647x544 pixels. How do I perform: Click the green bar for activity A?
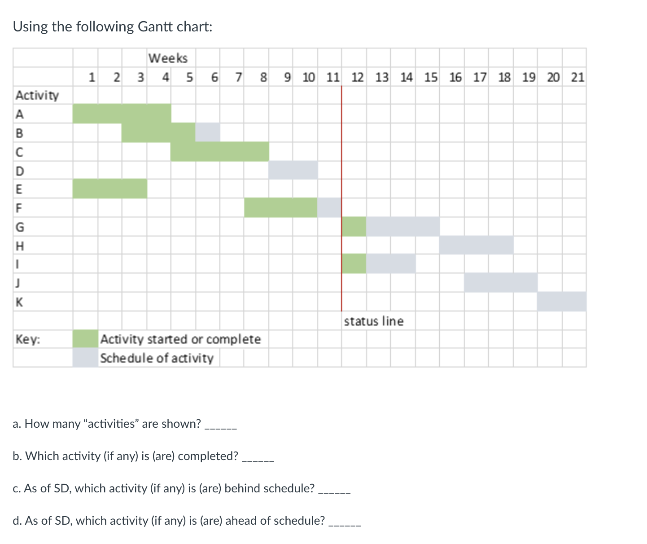[122, 113]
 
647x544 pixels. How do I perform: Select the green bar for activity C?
[219, 152]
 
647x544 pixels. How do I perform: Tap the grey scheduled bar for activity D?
[293, 170]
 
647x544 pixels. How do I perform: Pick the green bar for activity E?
[109, 189]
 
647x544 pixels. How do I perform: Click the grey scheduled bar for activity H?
[476, 245]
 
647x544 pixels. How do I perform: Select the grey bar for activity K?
[561, 302]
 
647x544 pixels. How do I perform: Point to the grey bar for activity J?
[500, 283]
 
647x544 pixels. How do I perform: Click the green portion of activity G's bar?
[354, 226]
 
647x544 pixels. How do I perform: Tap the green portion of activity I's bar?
[354, 264]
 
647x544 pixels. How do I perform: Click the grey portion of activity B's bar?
[208, 132]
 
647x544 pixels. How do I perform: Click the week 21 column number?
[577, 78]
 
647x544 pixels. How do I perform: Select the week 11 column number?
[333, 78]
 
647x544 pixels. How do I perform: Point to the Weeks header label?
[168, 58]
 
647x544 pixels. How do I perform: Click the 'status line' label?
[374, 321]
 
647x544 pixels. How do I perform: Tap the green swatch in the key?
[85, 339]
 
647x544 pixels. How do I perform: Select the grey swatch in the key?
[85, 358]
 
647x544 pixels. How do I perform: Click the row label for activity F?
[19, 208]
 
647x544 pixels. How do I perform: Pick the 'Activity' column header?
[37, 95]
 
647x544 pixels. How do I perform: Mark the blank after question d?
[344, 522]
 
